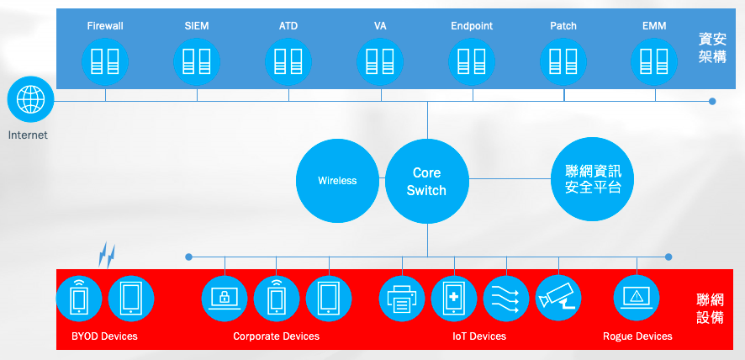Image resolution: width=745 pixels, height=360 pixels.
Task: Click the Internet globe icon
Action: click(31, 99)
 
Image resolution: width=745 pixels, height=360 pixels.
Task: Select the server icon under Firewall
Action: click(105, 62)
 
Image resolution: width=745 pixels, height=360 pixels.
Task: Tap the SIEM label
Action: click(197, 26)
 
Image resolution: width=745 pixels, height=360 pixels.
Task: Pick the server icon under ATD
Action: click(288, 62)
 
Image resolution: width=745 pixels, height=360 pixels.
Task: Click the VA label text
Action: click(380, 26)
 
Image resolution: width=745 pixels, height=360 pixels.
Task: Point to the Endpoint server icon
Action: click(472, 62)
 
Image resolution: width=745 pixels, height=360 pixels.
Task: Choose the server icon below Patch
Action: click(563, 62)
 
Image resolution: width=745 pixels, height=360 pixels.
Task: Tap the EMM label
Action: click(654, 26)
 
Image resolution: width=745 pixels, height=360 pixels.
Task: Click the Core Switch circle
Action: click(426, 181)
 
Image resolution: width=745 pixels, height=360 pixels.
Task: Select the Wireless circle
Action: click(337, 181)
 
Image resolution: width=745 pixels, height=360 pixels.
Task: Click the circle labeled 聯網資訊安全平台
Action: click(593, 179)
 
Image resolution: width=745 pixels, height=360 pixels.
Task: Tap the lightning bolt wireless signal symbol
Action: click(107, 256)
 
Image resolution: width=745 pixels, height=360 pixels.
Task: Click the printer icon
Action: click(402, 298)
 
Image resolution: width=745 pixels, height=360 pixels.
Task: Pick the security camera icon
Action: click(558, 298)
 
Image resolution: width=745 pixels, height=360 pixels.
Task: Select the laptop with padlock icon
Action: click(225, 298)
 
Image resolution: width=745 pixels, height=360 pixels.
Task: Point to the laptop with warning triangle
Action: click(637, 298)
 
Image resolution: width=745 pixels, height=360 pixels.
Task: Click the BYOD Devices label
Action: click(104, 336)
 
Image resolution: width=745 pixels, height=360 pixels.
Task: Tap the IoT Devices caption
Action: click(479, 336)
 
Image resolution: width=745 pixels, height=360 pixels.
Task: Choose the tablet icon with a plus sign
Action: click(454, 298)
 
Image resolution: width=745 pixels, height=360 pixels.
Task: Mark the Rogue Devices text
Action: click(637, 336)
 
